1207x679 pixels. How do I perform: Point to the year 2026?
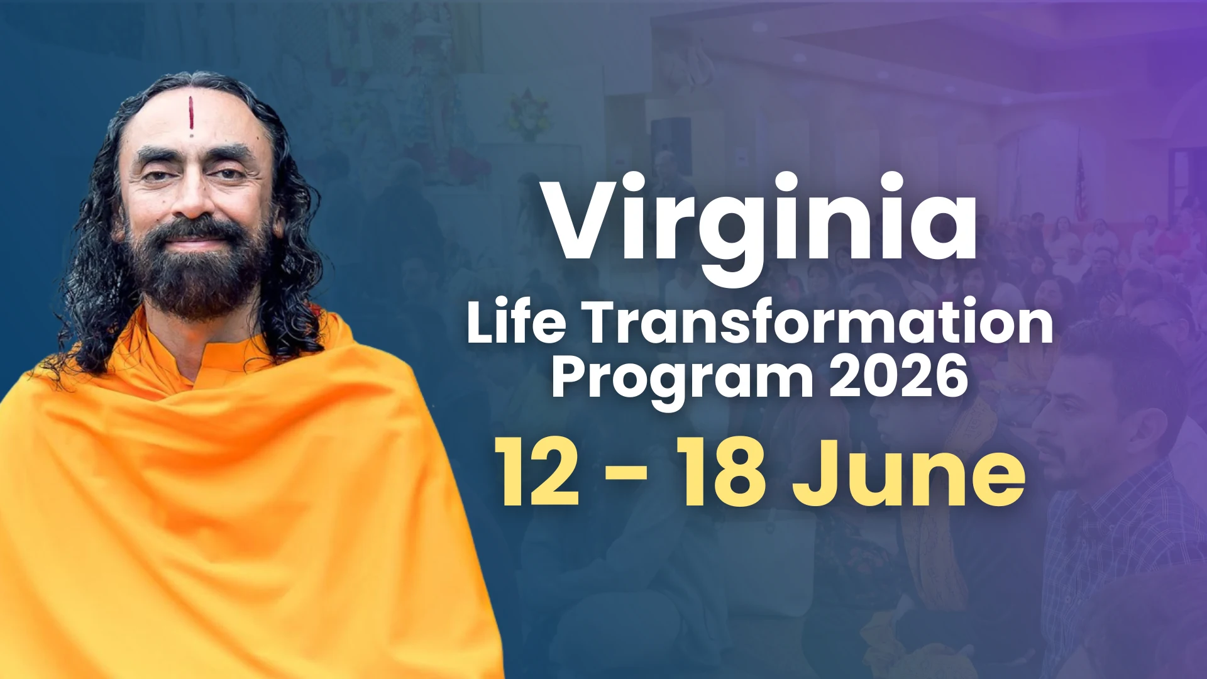[898, 376]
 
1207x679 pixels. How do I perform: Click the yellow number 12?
[537, 472]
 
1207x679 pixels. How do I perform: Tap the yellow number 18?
[723, 472]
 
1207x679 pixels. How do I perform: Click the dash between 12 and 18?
[627, 476]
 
